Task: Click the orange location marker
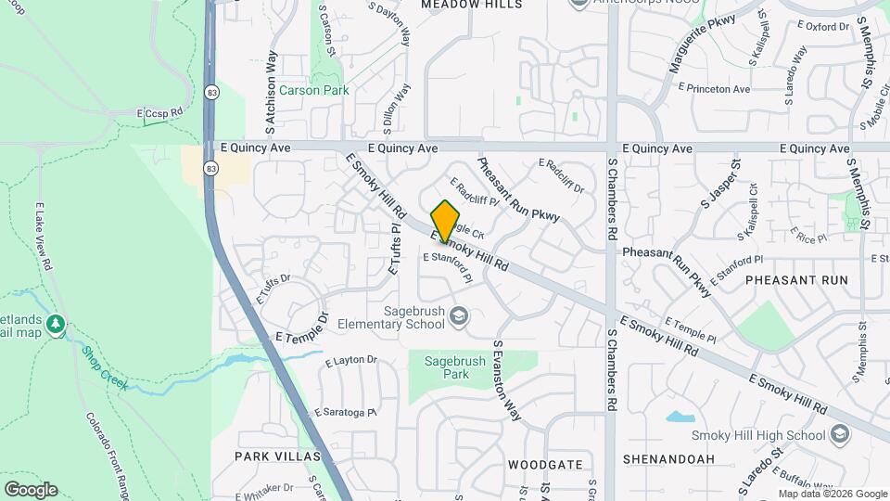coord(446,221)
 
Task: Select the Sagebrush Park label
coord(447,367)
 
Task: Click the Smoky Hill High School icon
coord(839,434)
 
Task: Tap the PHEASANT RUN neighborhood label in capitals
coord(796,279)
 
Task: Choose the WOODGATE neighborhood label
coord(545,464)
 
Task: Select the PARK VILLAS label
coord(277,456)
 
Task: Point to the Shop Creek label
coord(103,367)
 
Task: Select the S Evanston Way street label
coord(505,380)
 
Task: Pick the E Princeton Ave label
coord(714,89)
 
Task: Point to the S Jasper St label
coord(721,183)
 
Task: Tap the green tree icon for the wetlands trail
coord(57,324)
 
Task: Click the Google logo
coord(31,490)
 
